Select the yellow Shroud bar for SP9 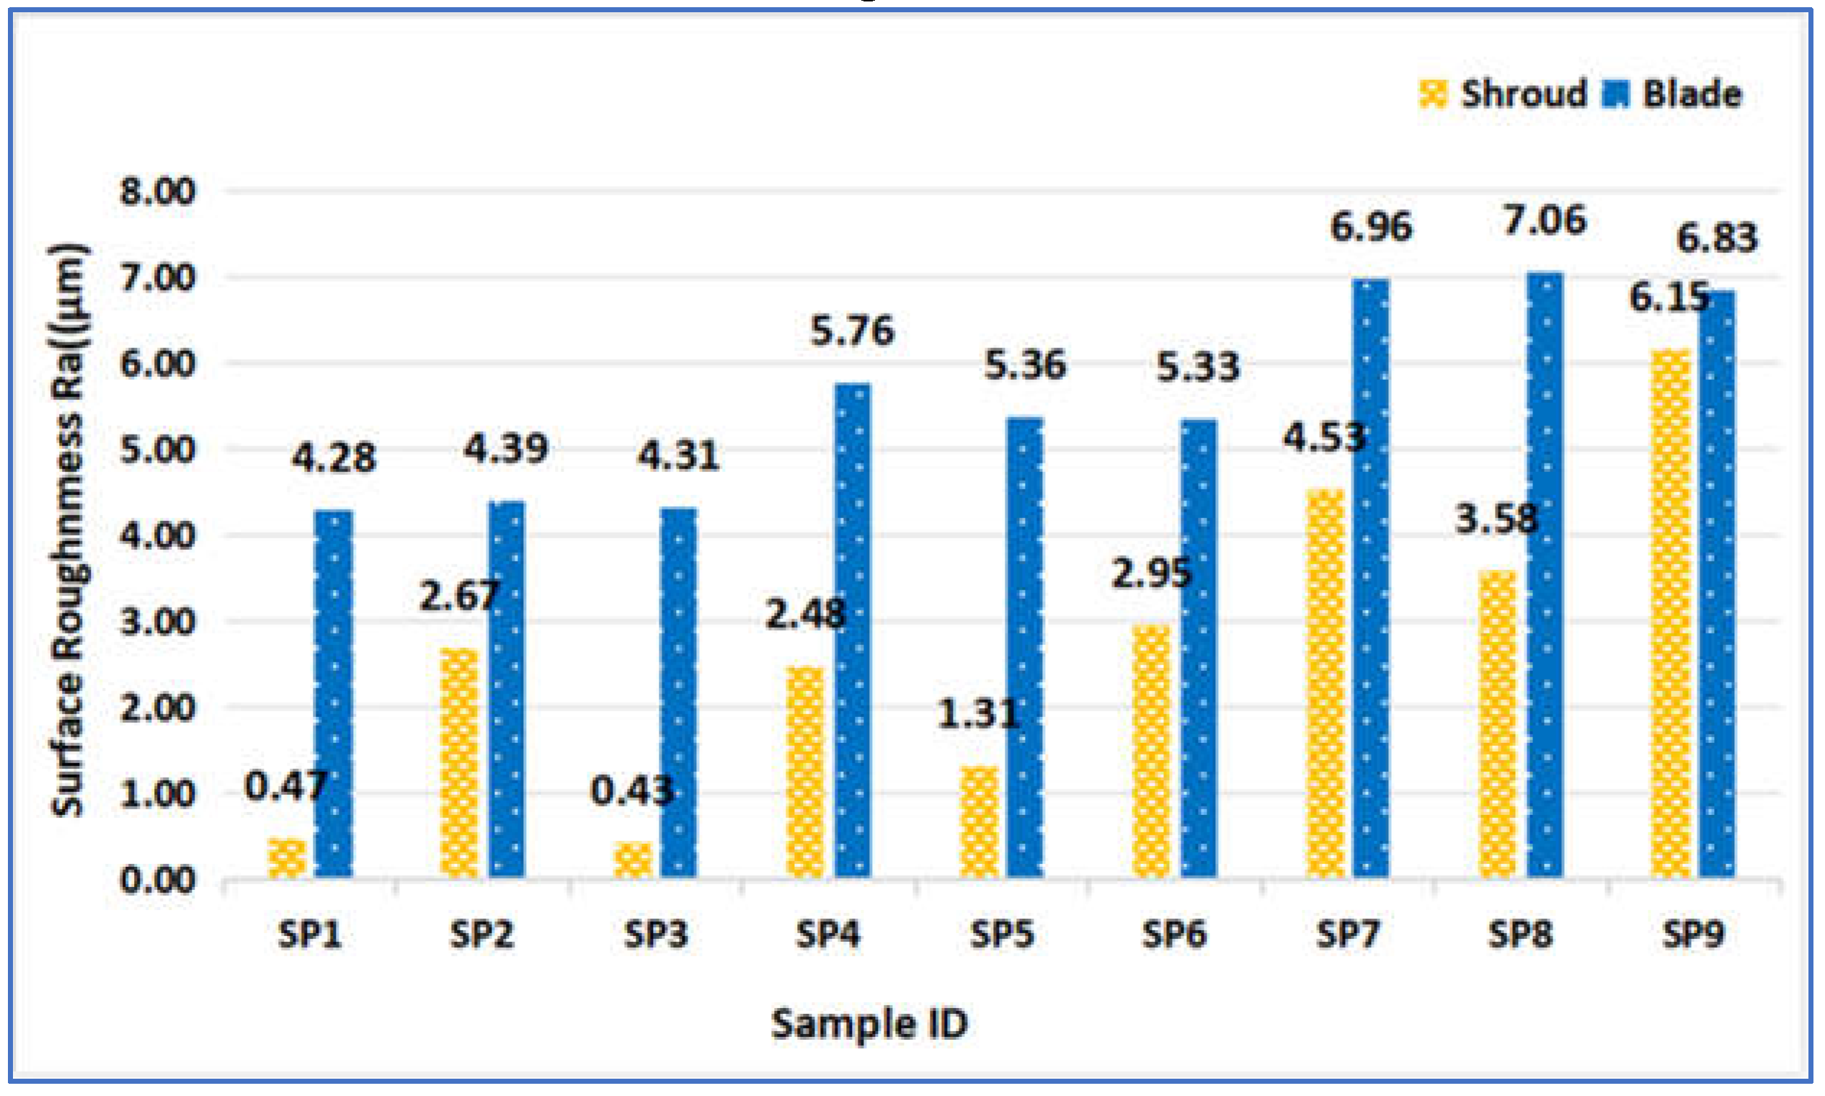coord(1670,613)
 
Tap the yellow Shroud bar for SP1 coord(287,858)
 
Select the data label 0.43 coord(631,791)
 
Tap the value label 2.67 coord(459,595)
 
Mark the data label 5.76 coord(852,330)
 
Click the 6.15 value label coord(1669,298)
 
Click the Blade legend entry coord(1673,94)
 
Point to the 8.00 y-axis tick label coord(157,191)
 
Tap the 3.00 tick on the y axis coord(157,622)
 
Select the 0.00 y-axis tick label coord(157,881)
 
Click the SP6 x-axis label coord(1174,935)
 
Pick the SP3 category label coord(656,935)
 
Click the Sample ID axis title coord(869,1025)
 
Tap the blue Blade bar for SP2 coord(507,690)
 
